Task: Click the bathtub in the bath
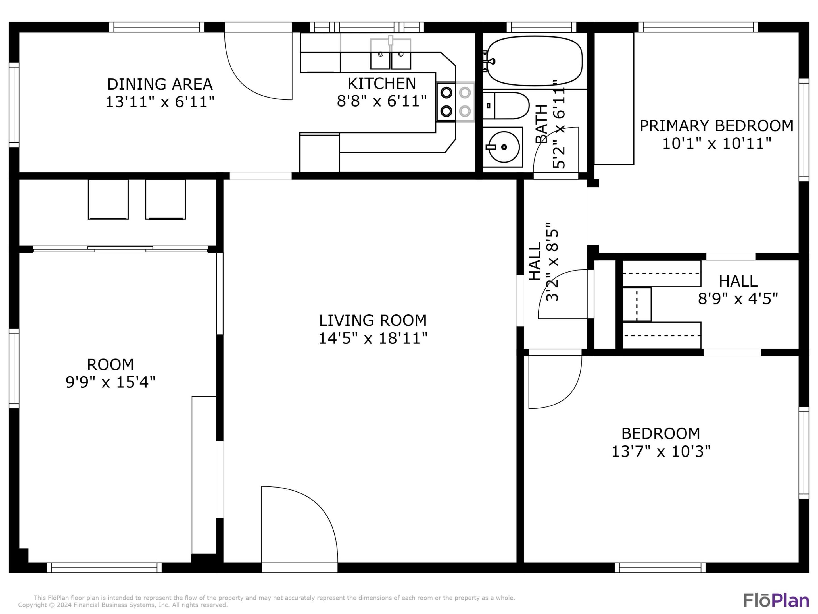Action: point(534,61)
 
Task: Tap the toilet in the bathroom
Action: point(506,105)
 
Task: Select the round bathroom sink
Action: point(504,147)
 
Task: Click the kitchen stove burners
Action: point(455,101)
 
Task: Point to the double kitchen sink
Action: point(391,54)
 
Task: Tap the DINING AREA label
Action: point(160,84)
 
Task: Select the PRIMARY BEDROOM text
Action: point(716,126)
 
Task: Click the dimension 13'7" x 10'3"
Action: point(661,451)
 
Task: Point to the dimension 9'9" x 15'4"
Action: point(110,382)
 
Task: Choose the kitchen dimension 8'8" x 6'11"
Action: point(382,101)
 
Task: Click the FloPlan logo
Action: point(776,600)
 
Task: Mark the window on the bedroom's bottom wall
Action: point(660,568)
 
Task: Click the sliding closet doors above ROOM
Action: point(120,249)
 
